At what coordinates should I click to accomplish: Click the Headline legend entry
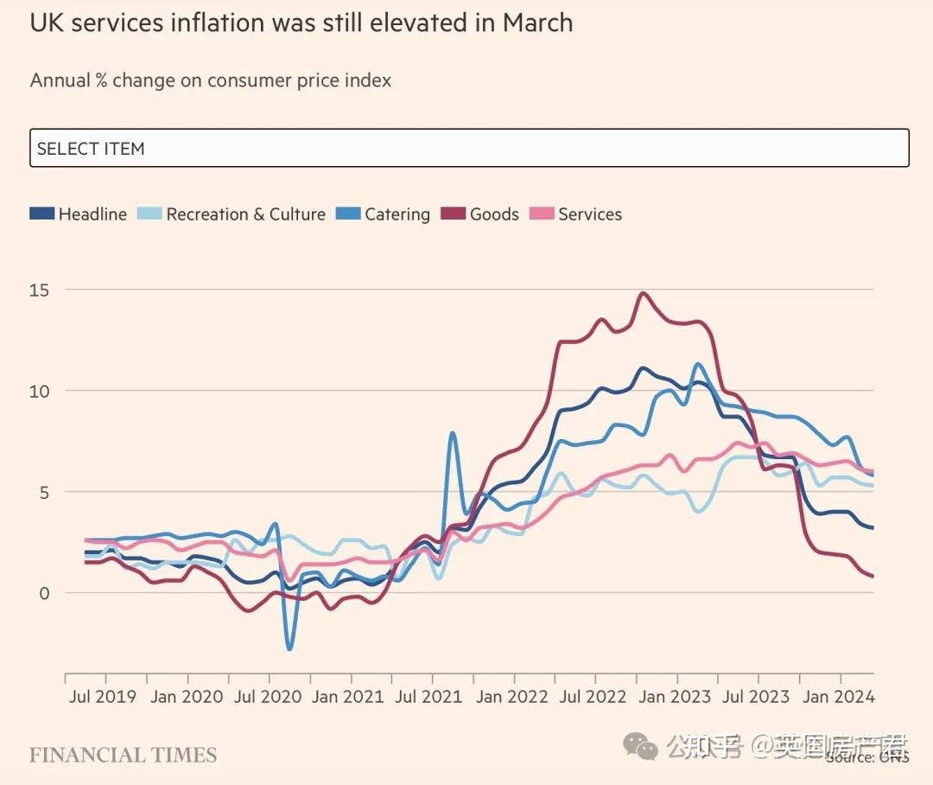(79, 214)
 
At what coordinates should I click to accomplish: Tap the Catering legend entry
(384, 214)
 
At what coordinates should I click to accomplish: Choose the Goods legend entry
(480, 214)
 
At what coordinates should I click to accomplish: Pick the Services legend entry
(576, 214)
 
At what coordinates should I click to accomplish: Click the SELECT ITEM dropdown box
(469, 148)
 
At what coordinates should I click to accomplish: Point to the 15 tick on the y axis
(39, 290)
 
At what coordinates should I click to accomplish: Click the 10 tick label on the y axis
(39, 391)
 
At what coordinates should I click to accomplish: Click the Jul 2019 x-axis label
(102, 697)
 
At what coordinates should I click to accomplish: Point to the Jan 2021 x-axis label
(348, 697)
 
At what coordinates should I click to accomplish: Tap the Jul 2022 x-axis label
(594, 697)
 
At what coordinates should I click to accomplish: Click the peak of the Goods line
(642, 294)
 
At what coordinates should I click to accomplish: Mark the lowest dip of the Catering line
(289, 648)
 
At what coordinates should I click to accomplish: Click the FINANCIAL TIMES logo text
(123, 755)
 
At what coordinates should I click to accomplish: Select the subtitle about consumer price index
(211, 80)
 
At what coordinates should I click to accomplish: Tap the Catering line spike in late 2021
(452, 433)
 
